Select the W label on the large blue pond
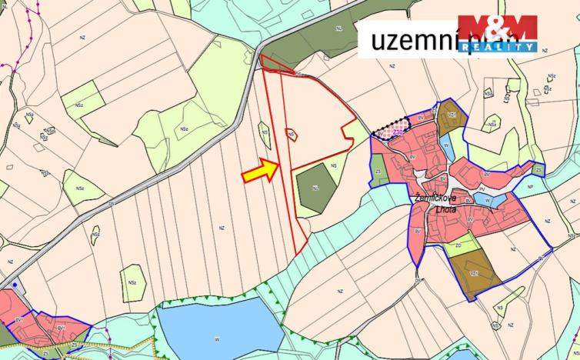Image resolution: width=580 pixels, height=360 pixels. (218, 336)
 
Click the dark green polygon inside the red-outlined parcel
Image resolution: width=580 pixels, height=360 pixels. (316, 188)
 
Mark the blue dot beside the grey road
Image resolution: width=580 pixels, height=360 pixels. (15, 285)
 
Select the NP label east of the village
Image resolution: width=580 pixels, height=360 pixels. (529, 186)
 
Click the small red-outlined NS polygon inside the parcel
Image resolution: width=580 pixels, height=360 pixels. (292, 134)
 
